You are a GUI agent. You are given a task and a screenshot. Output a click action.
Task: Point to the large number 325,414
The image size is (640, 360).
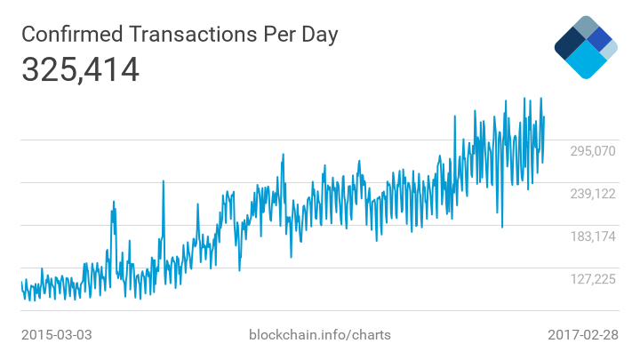click(x=80, y=69)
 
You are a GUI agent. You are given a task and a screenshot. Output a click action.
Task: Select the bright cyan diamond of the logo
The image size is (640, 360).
click(x=586, y=60)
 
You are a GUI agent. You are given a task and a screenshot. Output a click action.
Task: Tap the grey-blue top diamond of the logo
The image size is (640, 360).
click(x=586, y=27)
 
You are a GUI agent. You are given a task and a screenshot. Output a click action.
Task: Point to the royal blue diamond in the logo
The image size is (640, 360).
click(x=600, y=39)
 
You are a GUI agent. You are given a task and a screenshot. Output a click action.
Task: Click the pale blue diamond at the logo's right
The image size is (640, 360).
click(x=609, y=50)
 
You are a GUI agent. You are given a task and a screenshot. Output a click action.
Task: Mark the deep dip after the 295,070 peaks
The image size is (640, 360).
click(x=502, y=226)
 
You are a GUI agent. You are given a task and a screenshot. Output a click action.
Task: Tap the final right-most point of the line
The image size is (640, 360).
click(x=544, y=116)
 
